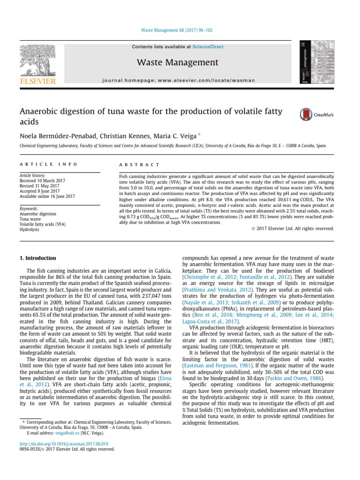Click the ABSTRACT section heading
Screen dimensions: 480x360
pyautogui.click(x=140, y=165)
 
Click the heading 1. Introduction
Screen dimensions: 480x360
pyautogui.click(x=37, y=258)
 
